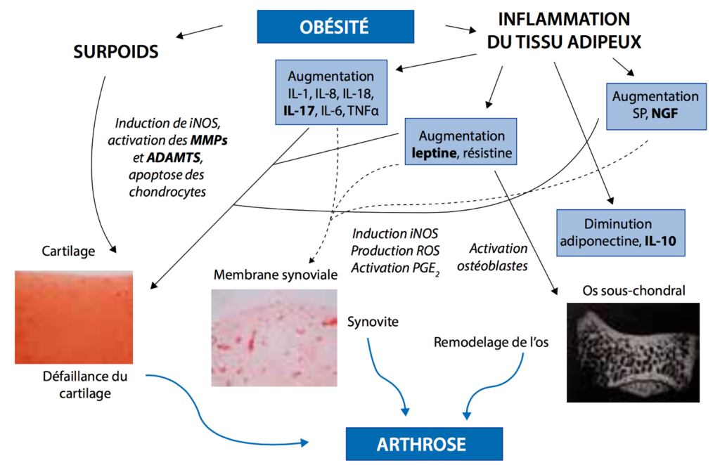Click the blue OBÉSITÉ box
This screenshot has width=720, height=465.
point(335,27)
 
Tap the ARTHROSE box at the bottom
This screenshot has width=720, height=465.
point(424,444)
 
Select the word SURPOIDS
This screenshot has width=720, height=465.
point(116,51)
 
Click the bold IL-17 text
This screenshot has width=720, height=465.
point(299,110)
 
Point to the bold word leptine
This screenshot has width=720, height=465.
point(434,152)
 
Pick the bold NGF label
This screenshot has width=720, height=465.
point(664,113)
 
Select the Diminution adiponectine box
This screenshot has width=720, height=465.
point(621,233)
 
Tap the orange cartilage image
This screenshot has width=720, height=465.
point(73,317)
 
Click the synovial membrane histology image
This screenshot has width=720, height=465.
point(274,338)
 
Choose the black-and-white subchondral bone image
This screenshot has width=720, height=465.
point(634,353)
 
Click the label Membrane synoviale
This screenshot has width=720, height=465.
point(276,275)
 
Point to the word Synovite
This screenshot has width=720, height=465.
point(373,322)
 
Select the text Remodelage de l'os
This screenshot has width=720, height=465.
point(491,342)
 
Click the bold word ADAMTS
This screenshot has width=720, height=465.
point(174,158)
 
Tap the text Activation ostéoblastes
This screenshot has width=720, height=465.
point(492,257)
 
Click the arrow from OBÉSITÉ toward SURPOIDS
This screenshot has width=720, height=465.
point(199,31)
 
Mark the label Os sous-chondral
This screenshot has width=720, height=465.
point(634,290)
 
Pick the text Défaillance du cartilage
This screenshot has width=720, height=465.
point(85,385)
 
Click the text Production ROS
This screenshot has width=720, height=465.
point(395,251)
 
